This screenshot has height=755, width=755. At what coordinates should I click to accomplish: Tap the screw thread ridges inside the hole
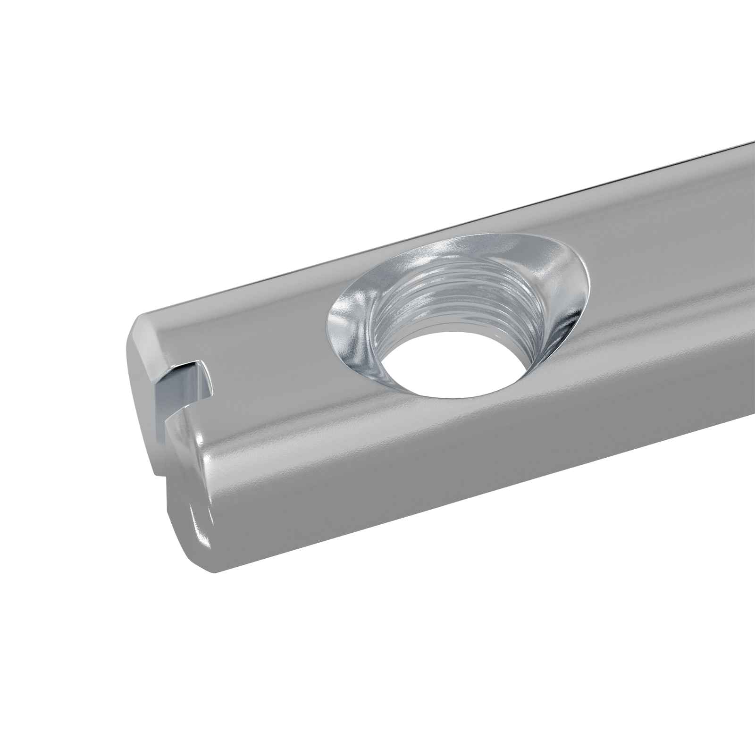tap(453, 302)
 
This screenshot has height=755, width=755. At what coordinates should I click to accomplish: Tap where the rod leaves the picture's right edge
tap(750, 283)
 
